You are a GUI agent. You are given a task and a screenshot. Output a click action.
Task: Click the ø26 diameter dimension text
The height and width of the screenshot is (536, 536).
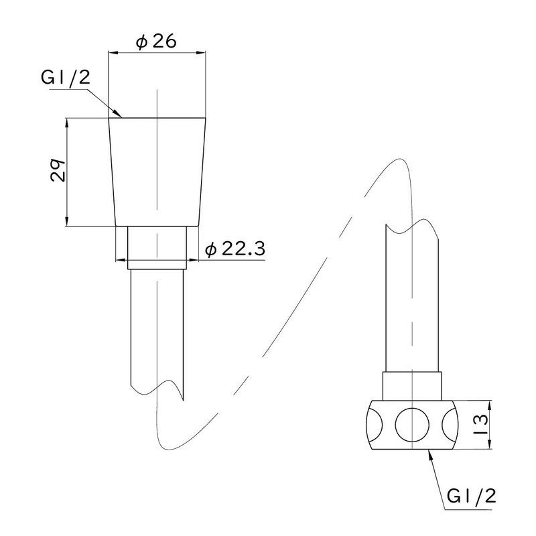[x=156, y=42]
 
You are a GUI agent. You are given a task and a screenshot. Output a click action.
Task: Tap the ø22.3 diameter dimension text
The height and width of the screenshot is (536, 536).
[x=235, y=249]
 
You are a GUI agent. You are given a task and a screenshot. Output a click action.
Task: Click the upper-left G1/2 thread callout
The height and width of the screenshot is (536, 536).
[x=65, y=78]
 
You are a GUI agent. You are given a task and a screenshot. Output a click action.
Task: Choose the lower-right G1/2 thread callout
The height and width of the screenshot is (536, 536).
[x=471, y=496]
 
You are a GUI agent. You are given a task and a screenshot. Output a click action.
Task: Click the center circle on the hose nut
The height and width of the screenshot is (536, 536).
[x=412, y=425]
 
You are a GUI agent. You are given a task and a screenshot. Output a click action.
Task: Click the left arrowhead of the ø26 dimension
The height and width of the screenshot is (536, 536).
[x=113, y=53]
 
